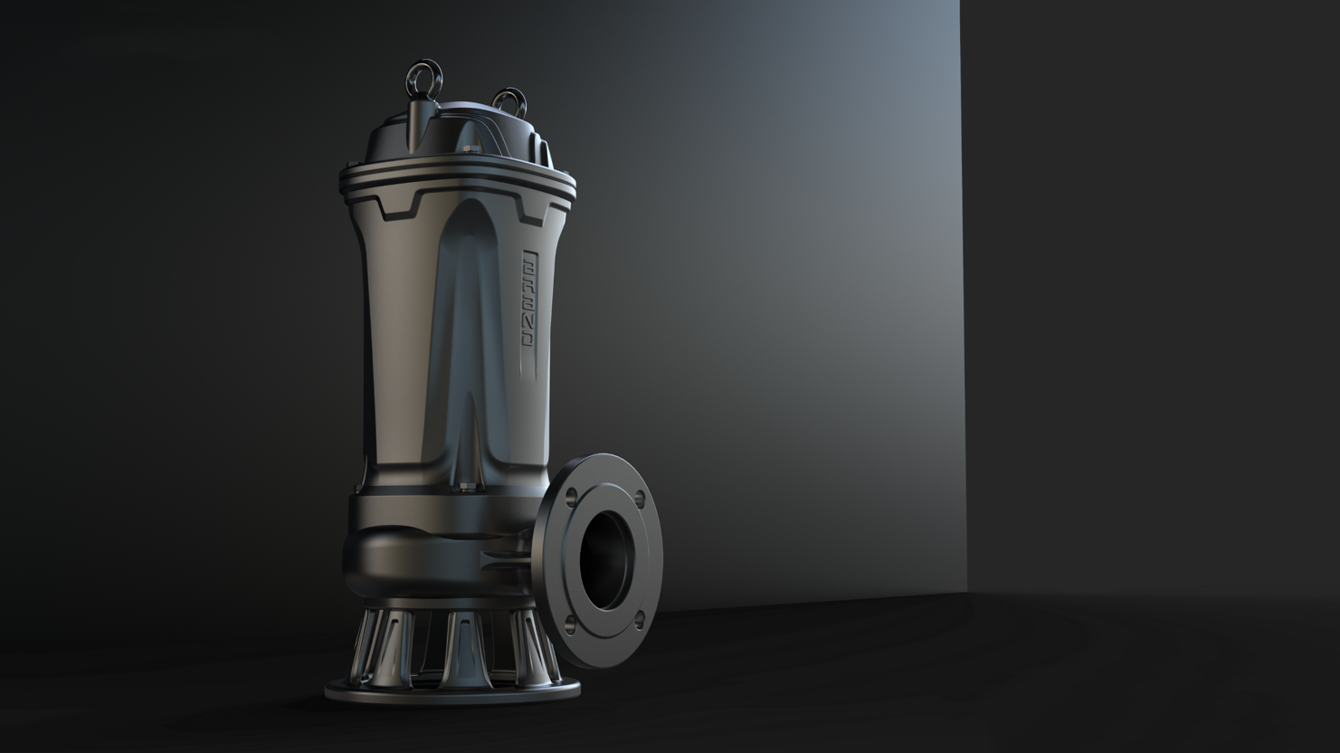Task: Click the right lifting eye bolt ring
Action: (509, 100)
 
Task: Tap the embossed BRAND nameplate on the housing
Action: (529, 298)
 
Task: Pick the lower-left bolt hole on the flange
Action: (570, 621)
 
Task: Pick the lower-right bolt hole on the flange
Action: (639, 618)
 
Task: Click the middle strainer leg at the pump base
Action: (461, 644)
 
